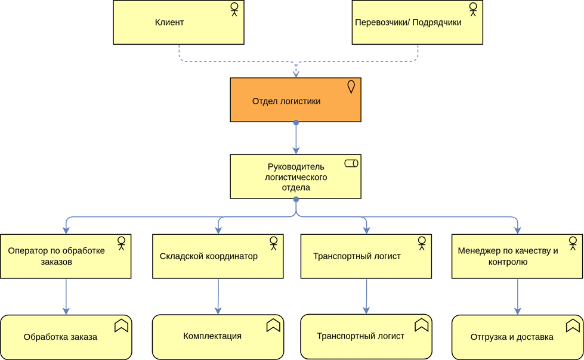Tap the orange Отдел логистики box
pos(295,100)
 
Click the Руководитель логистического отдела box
pos(295,176)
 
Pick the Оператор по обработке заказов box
pos(66,256)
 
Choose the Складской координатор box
pos(218,256)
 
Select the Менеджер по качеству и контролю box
pos(517,256)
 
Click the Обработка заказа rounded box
pos(66,337)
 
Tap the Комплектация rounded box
pos(218,337)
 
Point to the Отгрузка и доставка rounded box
pos(517,337)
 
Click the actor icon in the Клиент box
pos(234,10)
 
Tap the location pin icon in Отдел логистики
pos(351,87)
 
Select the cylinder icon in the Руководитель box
pos(351,163)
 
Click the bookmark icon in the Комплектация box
pos(273,325)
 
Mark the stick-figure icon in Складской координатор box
pos(273,243)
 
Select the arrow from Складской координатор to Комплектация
pos(218,296)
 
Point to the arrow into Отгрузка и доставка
pos(517,297)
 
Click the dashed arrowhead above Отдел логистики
pos(296,73)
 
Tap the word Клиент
pos(169,23)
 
